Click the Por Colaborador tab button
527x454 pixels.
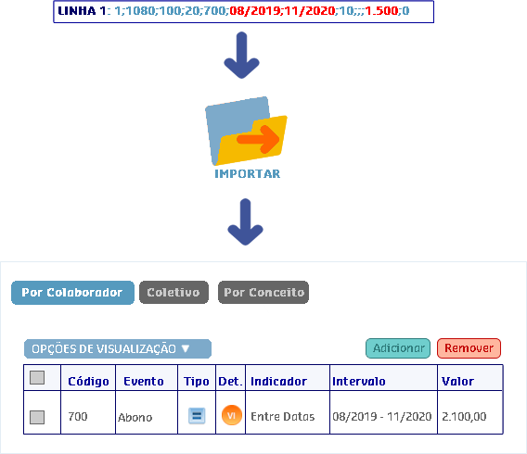pyautogui.click(x=72, y=293)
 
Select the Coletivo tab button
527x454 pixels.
pyautogui.click(x=174, y=292)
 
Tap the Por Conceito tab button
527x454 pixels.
pyautogui.click(x=263, y=292)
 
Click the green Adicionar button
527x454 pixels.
pyautogui.click(x=398, y=348)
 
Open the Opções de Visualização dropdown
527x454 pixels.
pyautogui.click(x=118, y=349)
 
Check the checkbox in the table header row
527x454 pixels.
pyautogui.click(x=37, y=377)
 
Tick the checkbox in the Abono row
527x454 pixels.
pyautogui.click(x=37, y=417)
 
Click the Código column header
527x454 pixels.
pyautogui.click(x=88, y=382)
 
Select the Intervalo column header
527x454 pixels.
pyautogui.click(x=359, y=382)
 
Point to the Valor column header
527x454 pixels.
pyautogui.click(x=457, y=382)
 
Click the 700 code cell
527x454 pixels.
pyautogui.click(x=78, y=417)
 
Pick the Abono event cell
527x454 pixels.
pyautogui.click(x=135, y=418)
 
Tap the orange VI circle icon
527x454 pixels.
pyautogui.click(x=232, y=415)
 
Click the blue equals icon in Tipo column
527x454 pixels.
pyautogui.click(x=197, y=416)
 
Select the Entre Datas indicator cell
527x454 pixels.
pyautogui.click(x=283, y=417)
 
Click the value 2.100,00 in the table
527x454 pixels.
pyautogui.click(x=464, y=417)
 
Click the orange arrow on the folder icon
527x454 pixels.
pyautogui.click(x=258, y=139)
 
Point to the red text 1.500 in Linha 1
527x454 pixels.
pyautogui.click(x=381, y=11)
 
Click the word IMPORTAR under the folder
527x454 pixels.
pyautogui.click(x=248, y=174)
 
